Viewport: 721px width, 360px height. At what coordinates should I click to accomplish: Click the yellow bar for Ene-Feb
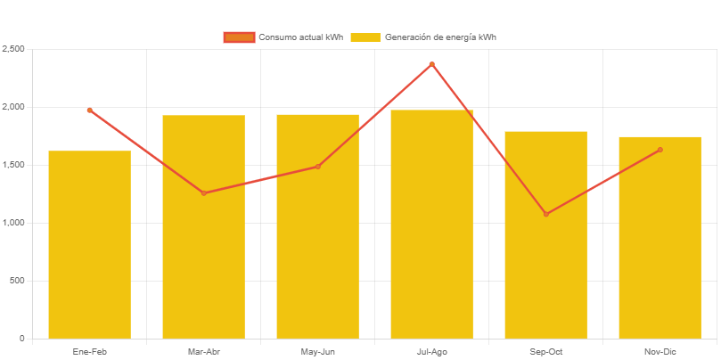tap(89, 245)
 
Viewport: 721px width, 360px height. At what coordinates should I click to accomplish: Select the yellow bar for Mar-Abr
tap(203, 227)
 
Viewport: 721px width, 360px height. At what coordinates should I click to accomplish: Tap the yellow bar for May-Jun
tap(317, 226)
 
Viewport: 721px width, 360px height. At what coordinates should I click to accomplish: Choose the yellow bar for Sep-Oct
tap(545, 235)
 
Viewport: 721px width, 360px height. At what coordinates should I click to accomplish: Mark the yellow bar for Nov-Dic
tap(660, 238)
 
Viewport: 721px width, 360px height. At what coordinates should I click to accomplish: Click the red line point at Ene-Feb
tap(89, 110)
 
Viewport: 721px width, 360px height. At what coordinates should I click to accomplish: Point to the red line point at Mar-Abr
tap(203, 193)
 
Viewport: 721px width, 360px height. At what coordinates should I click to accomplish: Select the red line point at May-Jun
tap(317, 167)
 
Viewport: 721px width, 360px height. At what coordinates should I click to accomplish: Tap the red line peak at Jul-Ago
tap(431, 64)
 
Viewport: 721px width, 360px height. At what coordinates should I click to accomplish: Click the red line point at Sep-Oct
tap(545, 214)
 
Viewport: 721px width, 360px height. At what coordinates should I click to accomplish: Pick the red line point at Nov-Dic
tap(660, 150)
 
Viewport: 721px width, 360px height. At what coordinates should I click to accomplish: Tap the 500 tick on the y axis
tap(17, 281)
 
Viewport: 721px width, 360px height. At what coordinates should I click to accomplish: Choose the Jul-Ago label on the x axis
tap(431, 352)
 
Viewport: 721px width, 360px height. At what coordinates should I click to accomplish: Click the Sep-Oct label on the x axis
tap(545, 352)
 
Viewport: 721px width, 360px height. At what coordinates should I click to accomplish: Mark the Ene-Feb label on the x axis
tap(89, 352)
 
